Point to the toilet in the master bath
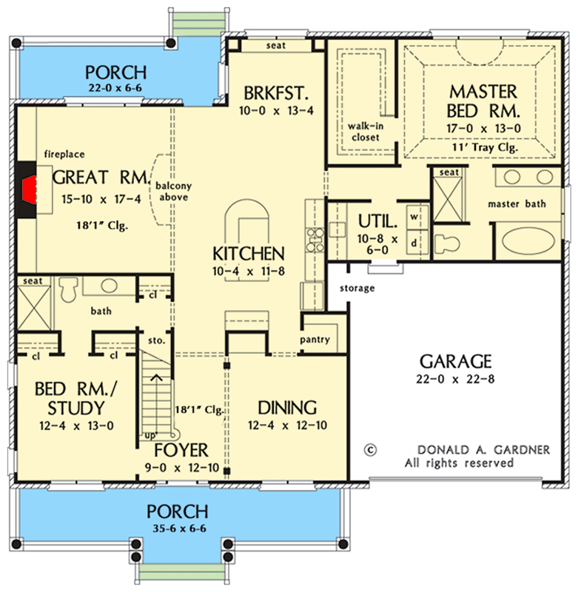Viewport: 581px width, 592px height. [x=446, y=243]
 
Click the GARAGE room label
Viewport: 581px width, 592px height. [x=456, y=361]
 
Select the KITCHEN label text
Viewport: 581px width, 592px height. [x=249, y=254]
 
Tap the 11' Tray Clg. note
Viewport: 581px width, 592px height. [x=485, y=147]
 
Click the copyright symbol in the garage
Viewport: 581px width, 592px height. [x=370, y=450]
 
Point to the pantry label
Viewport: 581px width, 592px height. [x=315, y=340]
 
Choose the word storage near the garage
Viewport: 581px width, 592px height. [x=357, y=289]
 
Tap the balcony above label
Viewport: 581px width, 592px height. [x=174, y=192]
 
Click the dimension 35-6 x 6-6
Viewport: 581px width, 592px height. [x=180, y=528]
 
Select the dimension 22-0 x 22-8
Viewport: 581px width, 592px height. [x=455, y=379]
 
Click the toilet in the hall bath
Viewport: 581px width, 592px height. [x=68, y=289]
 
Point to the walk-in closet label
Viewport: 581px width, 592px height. [x=366, y=132]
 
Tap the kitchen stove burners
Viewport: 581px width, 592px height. [x=315, y=240]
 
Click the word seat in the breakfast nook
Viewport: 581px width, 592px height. [x=276, y=45]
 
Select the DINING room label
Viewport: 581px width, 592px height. [x=287, y=408]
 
